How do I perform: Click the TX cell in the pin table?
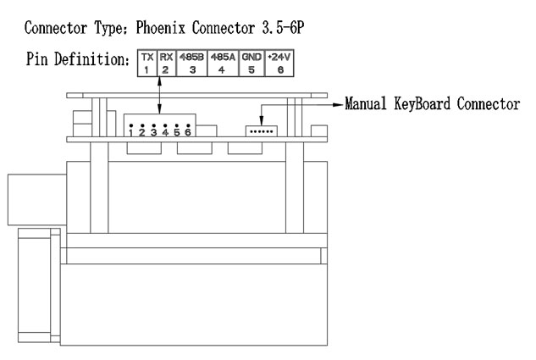(147, 63)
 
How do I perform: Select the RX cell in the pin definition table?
(167, 63)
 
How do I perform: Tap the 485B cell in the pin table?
(191, 63)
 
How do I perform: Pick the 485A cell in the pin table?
(223, 63)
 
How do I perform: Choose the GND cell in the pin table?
(252, 63)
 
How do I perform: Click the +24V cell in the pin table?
(279, 63)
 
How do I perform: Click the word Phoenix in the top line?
(161, 28)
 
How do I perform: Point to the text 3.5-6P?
(283, 28)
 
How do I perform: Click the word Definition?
(91, 58)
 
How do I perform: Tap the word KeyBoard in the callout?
(422, 103)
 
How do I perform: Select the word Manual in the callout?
(366, 103)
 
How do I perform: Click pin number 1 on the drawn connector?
(131, 131)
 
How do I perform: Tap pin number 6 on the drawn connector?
(188, 131)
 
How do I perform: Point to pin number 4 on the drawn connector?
(165, 131)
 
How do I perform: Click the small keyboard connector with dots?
(261, 131)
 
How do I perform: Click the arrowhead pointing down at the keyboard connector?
(261, 121)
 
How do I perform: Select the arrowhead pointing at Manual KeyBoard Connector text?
(339, 105)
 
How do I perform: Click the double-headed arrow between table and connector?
(159, 96)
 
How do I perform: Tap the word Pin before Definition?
(36, 58)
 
